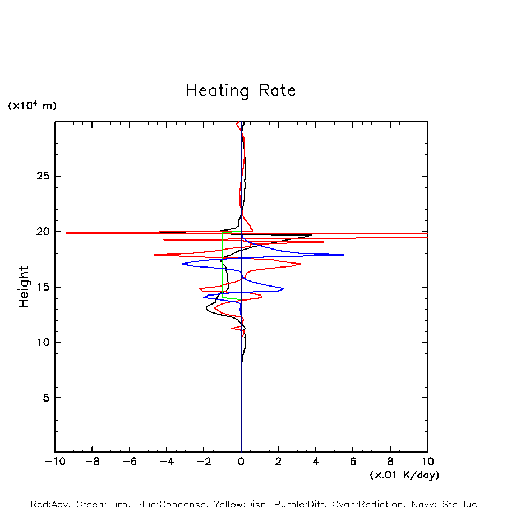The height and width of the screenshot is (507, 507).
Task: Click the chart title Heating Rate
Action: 241,91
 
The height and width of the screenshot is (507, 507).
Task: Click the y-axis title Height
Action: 24,287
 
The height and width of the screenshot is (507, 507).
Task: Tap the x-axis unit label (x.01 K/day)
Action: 404,475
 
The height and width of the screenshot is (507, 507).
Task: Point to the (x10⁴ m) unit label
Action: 32,105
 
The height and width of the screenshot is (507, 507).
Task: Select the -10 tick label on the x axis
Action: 54,462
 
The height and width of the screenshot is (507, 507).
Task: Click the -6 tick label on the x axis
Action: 129,462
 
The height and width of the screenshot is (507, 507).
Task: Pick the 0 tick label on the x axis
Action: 241,462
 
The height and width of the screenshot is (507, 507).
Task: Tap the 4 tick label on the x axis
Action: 316,462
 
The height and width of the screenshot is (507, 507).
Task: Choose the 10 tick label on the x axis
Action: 427,462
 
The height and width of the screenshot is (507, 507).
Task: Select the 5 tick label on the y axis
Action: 47,398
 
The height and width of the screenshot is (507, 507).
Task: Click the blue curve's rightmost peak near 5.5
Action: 343,255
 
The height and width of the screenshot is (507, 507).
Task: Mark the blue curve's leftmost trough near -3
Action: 182,264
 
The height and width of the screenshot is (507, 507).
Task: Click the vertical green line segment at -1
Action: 223,264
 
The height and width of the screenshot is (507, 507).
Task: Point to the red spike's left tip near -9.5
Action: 66,233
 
